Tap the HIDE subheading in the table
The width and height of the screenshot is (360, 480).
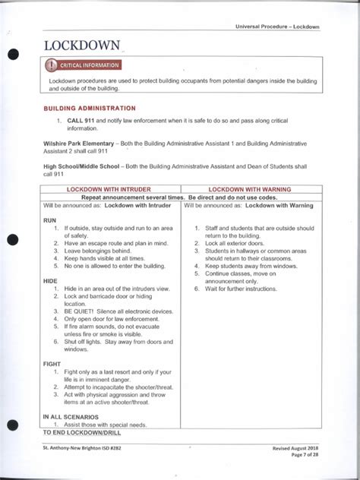51,281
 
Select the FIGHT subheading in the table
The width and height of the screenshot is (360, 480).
52,364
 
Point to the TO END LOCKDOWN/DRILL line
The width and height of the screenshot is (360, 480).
82,432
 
